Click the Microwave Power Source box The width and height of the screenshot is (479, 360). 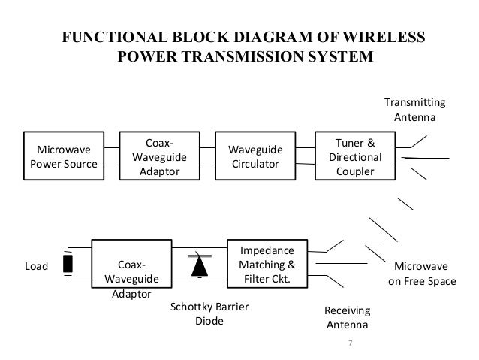64,156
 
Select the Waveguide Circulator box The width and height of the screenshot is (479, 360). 255,156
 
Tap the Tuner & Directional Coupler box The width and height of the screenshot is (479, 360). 355,156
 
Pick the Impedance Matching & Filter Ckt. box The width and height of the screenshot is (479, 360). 267,264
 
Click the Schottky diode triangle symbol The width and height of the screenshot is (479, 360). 200,266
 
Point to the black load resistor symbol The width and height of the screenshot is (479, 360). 68,264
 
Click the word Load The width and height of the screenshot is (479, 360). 36,266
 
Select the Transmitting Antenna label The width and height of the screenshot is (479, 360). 414,110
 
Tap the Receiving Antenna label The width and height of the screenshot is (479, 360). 348,317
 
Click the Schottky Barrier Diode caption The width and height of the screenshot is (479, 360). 209,313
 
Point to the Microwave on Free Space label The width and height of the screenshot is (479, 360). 422,274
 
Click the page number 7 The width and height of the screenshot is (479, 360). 351,343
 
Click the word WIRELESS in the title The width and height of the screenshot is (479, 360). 384,37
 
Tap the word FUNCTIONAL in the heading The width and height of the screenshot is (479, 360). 115,37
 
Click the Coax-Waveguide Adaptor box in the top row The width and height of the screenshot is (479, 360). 159,156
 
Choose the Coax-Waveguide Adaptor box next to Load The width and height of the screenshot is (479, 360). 131,264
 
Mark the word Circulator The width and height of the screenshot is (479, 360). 255,164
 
